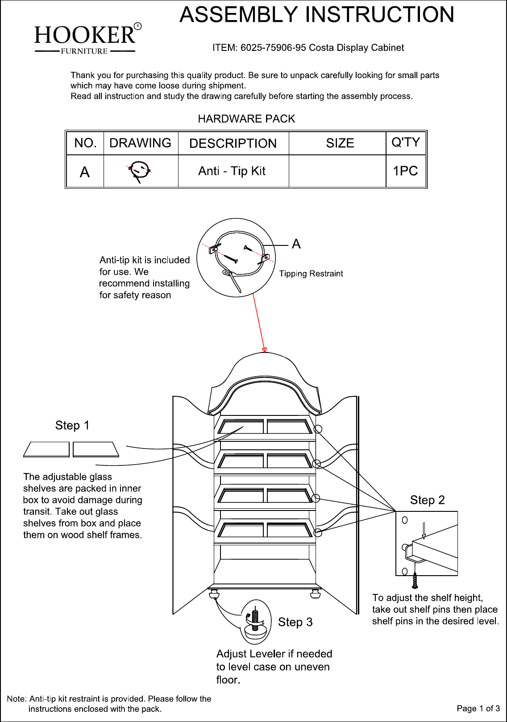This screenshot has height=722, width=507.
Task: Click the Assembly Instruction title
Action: coord(316,15)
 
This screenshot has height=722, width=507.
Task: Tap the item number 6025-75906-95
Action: coord(273,48)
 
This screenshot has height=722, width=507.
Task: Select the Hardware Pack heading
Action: coord(246,119)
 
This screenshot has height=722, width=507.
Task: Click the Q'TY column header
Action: coord(406,142)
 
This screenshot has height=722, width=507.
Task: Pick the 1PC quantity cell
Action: coord(405,171)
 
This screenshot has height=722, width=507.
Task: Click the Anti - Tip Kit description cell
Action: coord(232,171)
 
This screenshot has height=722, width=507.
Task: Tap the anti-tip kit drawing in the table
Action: coord(139,172)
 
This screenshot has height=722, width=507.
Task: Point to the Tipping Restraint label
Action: coord(311,274)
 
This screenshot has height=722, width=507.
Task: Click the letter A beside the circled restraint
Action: coord(296,244)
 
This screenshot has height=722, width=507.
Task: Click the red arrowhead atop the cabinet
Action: coord(264,350)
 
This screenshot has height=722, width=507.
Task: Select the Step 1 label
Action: coord(72,425)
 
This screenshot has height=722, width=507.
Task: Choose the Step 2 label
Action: coord(428,500)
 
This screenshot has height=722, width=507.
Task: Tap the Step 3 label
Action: coord(295,622)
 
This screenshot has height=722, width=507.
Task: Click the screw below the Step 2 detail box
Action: coord(415,580)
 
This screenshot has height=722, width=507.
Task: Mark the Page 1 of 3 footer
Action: coord(478,708)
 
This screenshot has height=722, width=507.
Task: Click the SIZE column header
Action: coord(340,143)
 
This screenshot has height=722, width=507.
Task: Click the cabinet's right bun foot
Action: coord(316,593)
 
